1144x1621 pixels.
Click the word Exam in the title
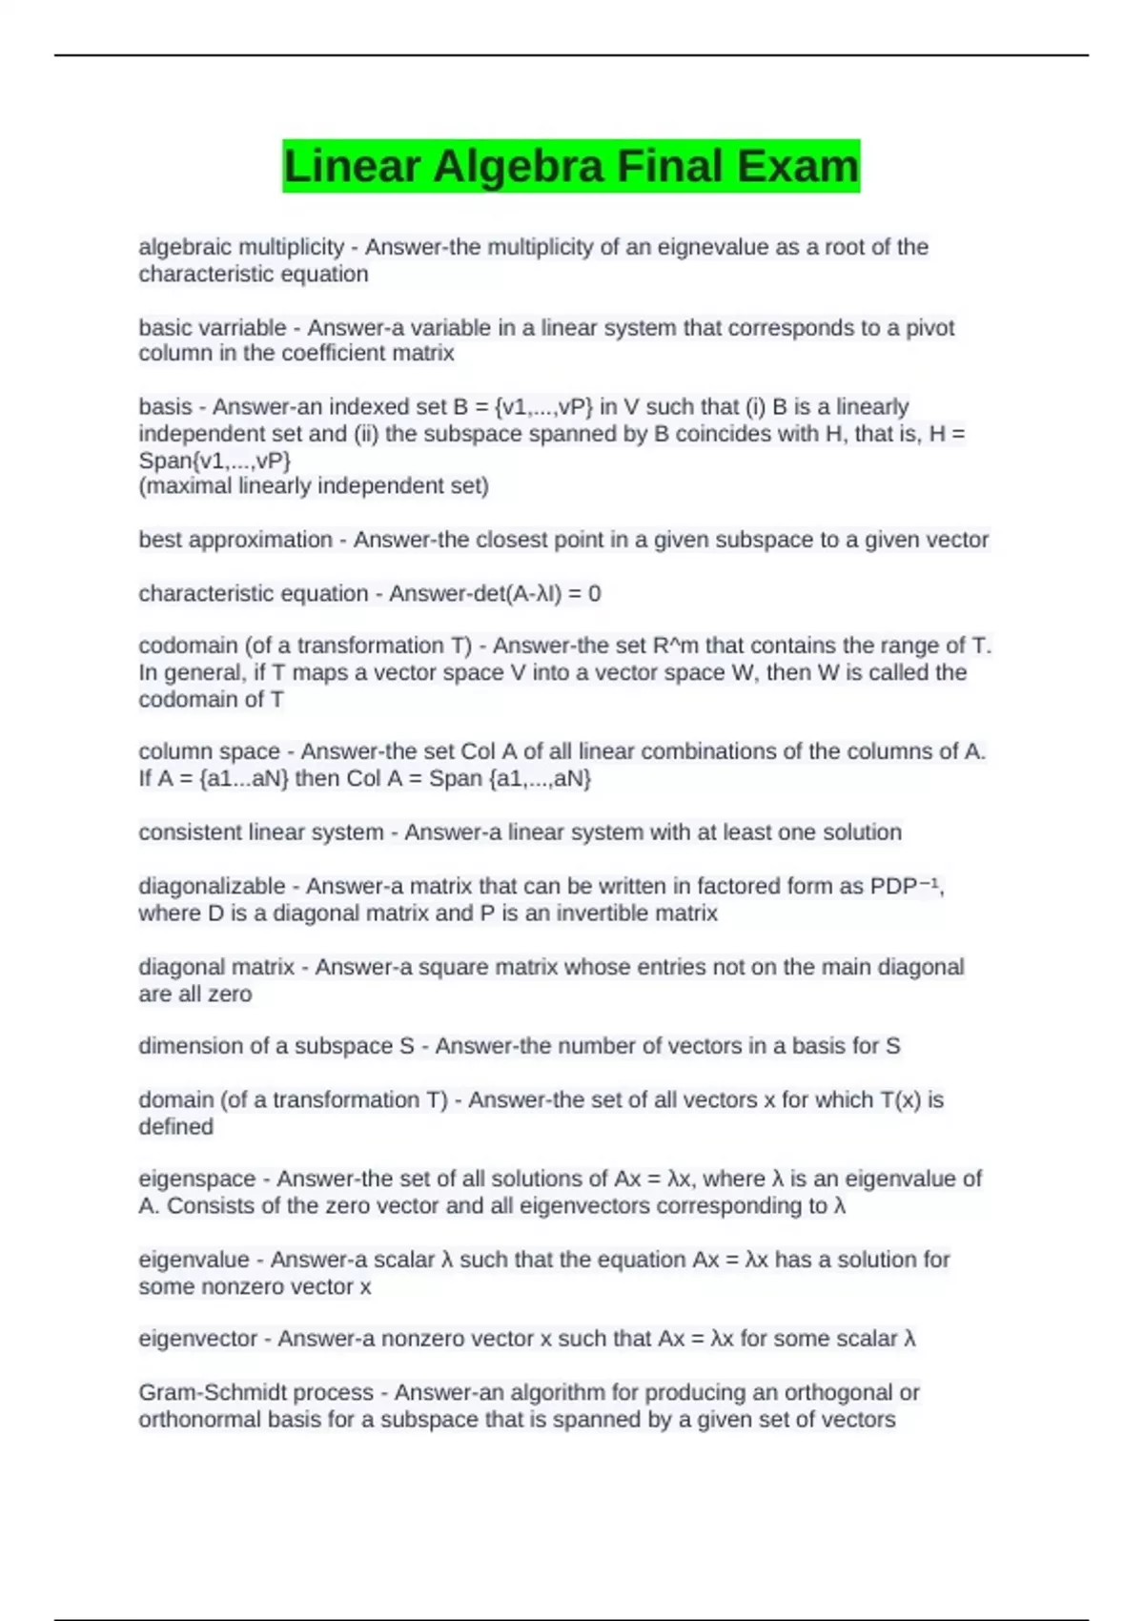(x=797, y=166)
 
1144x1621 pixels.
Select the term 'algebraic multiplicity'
(x=241, y=247)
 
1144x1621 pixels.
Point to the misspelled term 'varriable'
(x=243, y=327)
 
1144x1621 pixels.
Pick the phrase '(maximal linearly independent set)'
(x=314, y=486)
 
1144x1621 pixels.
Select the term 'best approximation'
(x=235, y=540)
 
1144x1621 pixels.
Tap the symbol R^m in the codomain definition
(x=676, y=646)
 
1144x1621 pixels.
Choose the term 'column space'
(x=209, y=751)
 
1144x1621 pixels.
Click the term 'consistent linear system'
(x=261, y=831)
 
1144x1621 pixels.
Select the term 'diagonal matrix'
(x=216, y=967)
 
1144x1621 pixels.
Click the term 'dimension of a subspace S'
(x=276, y=1046)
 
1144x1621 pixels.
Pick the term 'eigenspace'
(x=197, y=1179)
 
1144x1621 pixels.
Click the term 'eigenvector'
(x=198, y=1339)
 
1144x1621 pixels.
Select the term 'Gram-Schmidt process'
(x=256, y=1392)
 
